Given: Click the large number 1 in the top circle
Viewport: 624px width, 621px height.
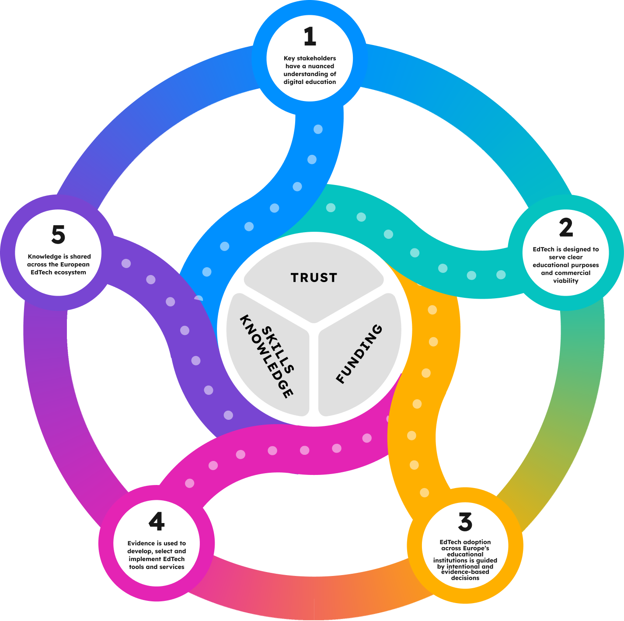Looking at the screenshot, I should [x=310, y=37].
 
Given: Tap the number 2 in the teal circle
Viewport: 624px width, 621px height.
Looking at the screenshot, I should [x=565, y=228].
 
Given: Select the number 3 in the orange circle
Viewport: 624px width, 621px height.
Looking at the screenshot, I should [x=465, y=522].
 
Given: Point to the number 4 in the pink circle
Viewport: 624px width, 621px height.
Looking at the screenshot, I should [x=157, y=521].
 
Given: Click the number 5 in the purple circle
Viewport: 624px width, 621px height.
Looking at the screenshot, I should [x=58, y=235].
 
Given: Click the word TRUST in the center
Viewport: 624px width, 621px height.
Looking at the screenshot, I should [x=314, y=278].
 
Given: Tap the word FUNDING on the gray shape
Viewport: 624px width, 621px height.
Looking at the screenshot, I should [x=359, y=354].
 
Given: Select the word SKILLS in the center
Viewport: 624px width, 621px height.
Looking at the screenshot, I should [x=278, y=350].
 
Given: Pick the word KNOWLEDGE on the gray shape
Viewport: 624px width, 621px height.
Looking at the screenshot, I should [x=265, y=357].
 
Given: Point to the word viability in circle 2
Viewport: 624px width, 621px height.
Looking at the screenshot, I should [x=565, y=281].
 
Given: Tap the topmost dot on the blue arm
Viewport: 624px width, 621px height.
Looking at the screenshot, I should [x=318, y=129].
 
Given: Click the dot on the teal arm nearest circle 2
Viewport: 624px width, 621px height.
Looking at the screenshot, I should [x=501, y=275].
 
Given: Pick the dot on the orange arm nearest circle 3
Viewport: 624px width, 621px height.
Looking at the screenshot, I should [x=424, y=493].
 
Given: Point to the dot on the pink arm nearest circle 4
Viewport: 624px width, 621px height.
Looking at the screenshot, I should [x=189, y=483].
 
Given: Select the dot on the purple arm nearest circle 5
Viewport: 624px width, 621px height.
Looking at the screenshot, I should [x=126, y=264].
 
